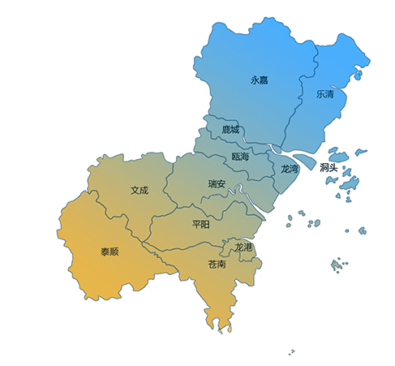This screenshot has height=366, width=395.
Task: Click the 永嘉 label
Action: click(260, 80)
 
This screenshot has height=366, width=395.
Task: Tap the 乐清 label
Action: click(325, 93)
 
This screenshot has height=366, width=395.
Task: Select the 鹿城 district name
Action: click(230, 129)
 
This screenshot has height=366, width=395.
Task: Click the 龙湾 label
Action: click(290, 169)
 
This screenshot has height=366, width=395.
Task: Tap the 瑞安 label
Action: click(217, 184)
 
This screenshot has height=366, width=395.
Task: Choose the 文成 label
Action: click(140, 191)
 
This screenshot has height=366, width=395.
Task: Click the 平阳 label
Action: click(201, 223)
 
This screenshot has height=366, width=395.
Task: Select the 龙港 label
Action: click(243, 246)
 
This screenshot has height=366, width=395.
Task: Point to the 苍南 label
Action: click(217, 264)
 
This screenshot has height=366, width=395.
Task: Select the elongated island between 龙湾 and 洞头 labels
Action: click(304, 160)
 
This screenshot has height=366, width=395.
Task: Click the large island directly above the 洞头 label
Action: click(338, 154)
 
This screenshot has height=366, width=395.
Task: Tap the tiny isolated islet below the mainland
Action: click(291, 352)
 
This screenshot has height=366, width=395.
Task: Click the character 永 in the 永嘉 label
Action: click(255, 80)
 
